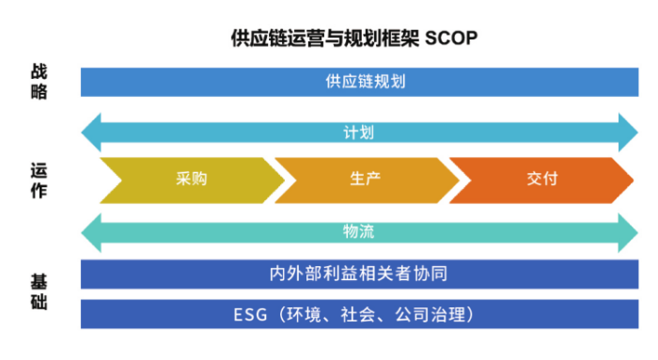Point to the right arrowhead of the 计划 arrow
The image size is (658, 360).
coord(624,133)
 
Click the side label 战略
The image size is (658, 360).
coord(38,81)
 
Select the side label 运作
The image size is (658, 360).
coord(38,180)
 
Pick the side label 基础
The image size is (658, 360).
coord(38,292)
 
